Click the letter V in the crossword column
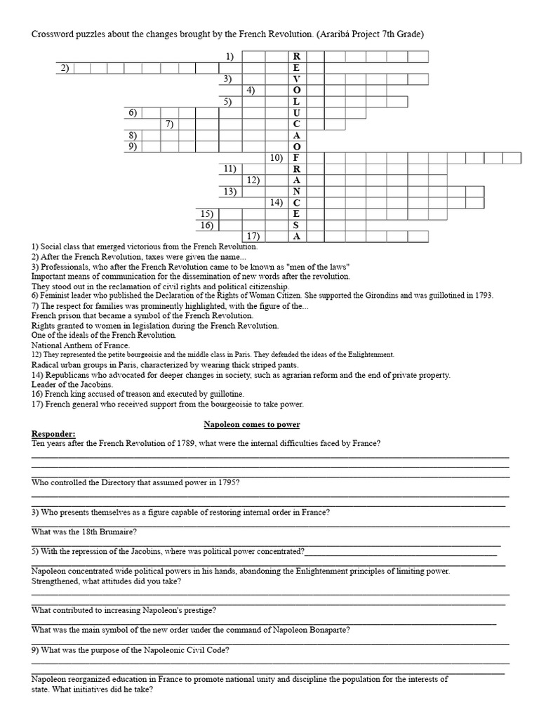296,79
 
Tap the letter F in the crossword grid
296,158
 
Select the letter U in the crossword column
296,113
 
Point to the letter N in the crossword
296,191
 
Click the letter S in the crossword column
296,225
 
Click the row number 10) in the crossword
276,158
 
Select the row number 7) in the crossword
168,124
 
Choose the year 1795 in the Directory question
222,483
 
